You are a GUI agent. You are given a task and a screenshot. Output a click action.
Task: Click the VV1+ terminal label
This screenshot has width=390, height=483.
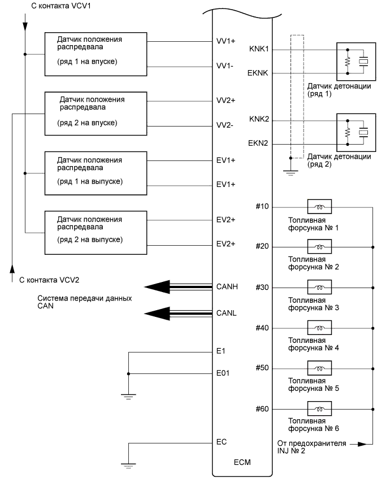pyautogui.click(x=226, y=41)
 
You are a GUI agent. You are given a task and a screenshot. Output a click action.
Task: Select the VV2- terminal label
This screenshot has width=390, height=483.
pyautogui.click(x=226, y=125)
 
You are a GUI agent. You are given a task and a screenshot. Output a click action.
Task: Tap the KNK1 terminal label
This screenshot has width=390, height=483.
pyautogui.click(x=259, y=50)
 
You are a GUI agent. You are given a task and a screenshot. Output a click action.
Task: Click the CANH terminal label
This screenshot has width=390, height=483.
pyautogui.click(x=227, y=287)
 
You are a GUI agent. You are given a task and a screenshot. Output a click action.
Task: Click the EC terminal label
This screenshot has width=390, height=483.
pyautogui.click(x=222, y=442)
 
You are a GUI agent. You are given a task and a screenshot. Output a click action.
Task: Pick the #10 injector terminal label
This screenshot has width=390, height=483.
pyautogui.click(x=262, y=206)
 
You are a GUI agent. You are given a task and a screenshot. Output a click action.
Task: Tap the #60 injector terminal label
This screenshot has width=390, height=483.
pyautogui.click(x=262, y=408)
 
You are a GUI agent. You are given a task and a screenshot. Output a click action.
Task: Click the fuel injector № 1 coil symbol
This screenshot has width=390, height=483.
pyautogui.click(x=319, y=206)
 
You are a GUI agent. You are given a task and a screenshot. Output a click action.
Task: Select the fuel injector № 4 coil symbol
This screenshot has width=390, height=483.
pyautogui.click(x=319, y=328)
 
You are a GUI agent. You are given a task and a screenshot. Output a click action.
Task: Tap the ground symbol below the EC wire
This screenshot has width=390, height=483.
pyautogui.click(x=129, y=464)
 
